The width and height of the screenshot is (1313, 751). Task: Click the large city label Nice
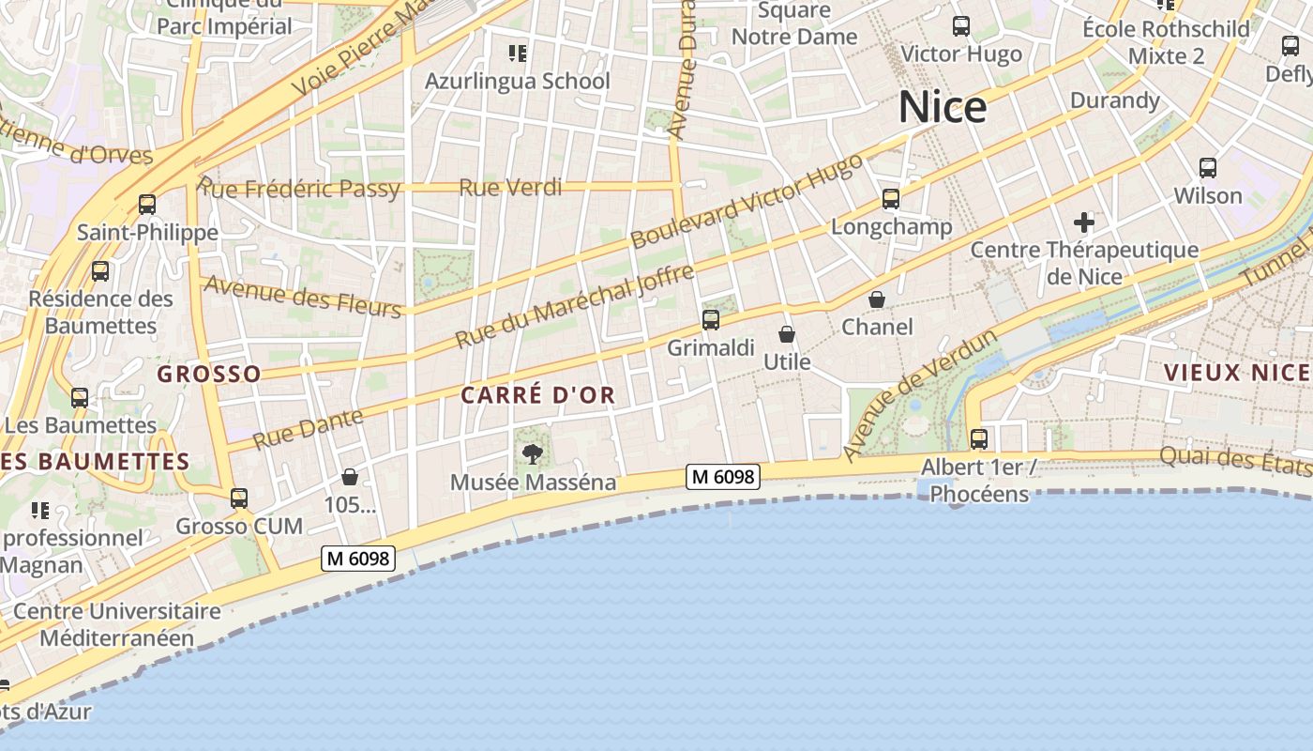point(943,108)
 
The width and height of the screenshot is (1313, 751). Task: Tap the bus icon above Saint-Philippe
point(147,204)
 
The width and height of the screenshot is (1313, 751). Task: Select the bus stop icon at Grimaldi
point(711,320)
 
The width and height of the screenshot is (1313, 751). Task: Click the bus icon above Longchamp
point(891,199)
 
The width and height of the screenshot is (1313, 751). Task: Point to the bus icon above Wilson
point(1208,168)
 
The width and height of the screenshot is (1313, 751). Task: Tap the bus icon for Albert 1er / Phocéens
point(979,438)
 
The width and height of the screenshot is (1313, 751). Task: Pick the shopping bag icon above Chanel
point(877,299)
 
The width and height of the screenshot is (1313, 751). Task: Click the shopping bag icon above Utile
point(787,334)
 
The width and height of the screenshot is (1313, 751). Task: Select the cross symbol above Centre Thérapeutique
point(1084,222)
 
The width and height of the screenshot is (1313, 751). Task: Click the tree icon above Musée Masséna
point(533,455)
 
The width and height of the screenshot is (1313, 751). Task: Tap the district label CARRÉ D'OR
point(538,395)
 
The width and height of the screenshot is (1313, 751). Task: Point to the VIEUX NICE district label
point(1237,373)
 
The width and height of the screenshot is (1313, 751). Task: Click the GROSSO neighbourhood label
point(209,375)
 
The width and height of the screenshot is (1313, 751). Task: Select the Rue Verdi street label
point(510,188)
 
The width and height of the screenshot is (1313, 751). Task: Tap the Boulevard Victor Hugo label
point(747,201)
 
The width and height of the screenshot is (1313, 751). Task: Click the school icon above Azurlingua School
point(517,53)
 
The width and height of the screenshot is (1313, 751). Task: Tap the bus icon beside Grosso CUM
point(239,498)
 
